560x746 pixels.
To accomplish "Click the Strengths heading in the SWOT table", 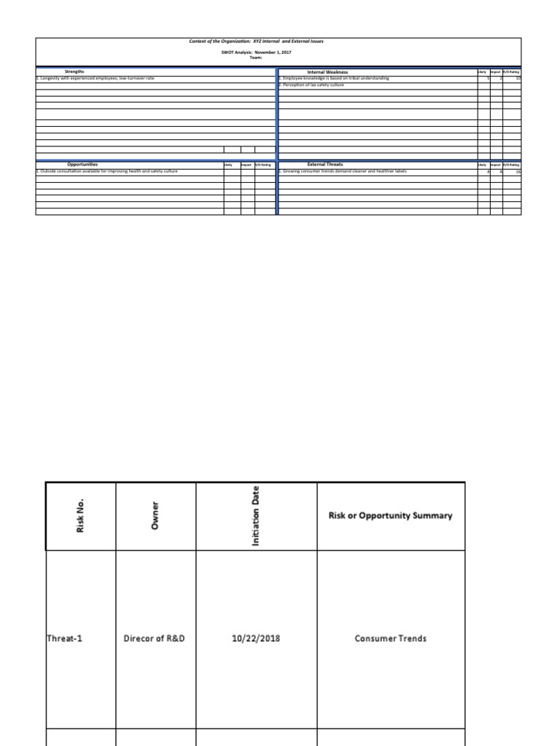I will (x=74, y=72).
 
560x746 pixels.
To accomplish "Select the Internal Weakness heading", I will (x=327, y=72).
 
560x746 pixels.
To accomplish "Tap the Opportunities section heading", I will (x=82, y=165).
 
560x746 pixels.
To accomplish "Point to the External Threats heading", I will (x=325, y=165).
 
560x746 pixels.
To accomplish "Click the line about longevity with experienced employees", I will (x=96, y=78).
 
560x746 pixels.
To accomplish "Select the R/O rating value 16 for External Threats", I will (x=517, y=171).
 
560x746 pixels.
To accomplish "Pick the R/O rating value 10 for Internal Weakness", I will (x=517, y=78).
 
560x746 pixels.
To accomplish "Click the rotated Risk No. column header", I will (x=81, y=516).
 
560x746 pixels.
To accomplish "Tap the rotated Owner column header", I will (x=155, y=516).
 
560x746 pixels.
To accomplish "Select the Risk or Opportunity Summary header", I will (x=390, y=516).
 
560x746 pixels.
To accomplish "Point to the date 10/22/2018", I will (x=256, y=639).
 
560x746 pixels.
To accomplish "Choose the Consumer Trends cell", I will (x=390, y=639).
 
